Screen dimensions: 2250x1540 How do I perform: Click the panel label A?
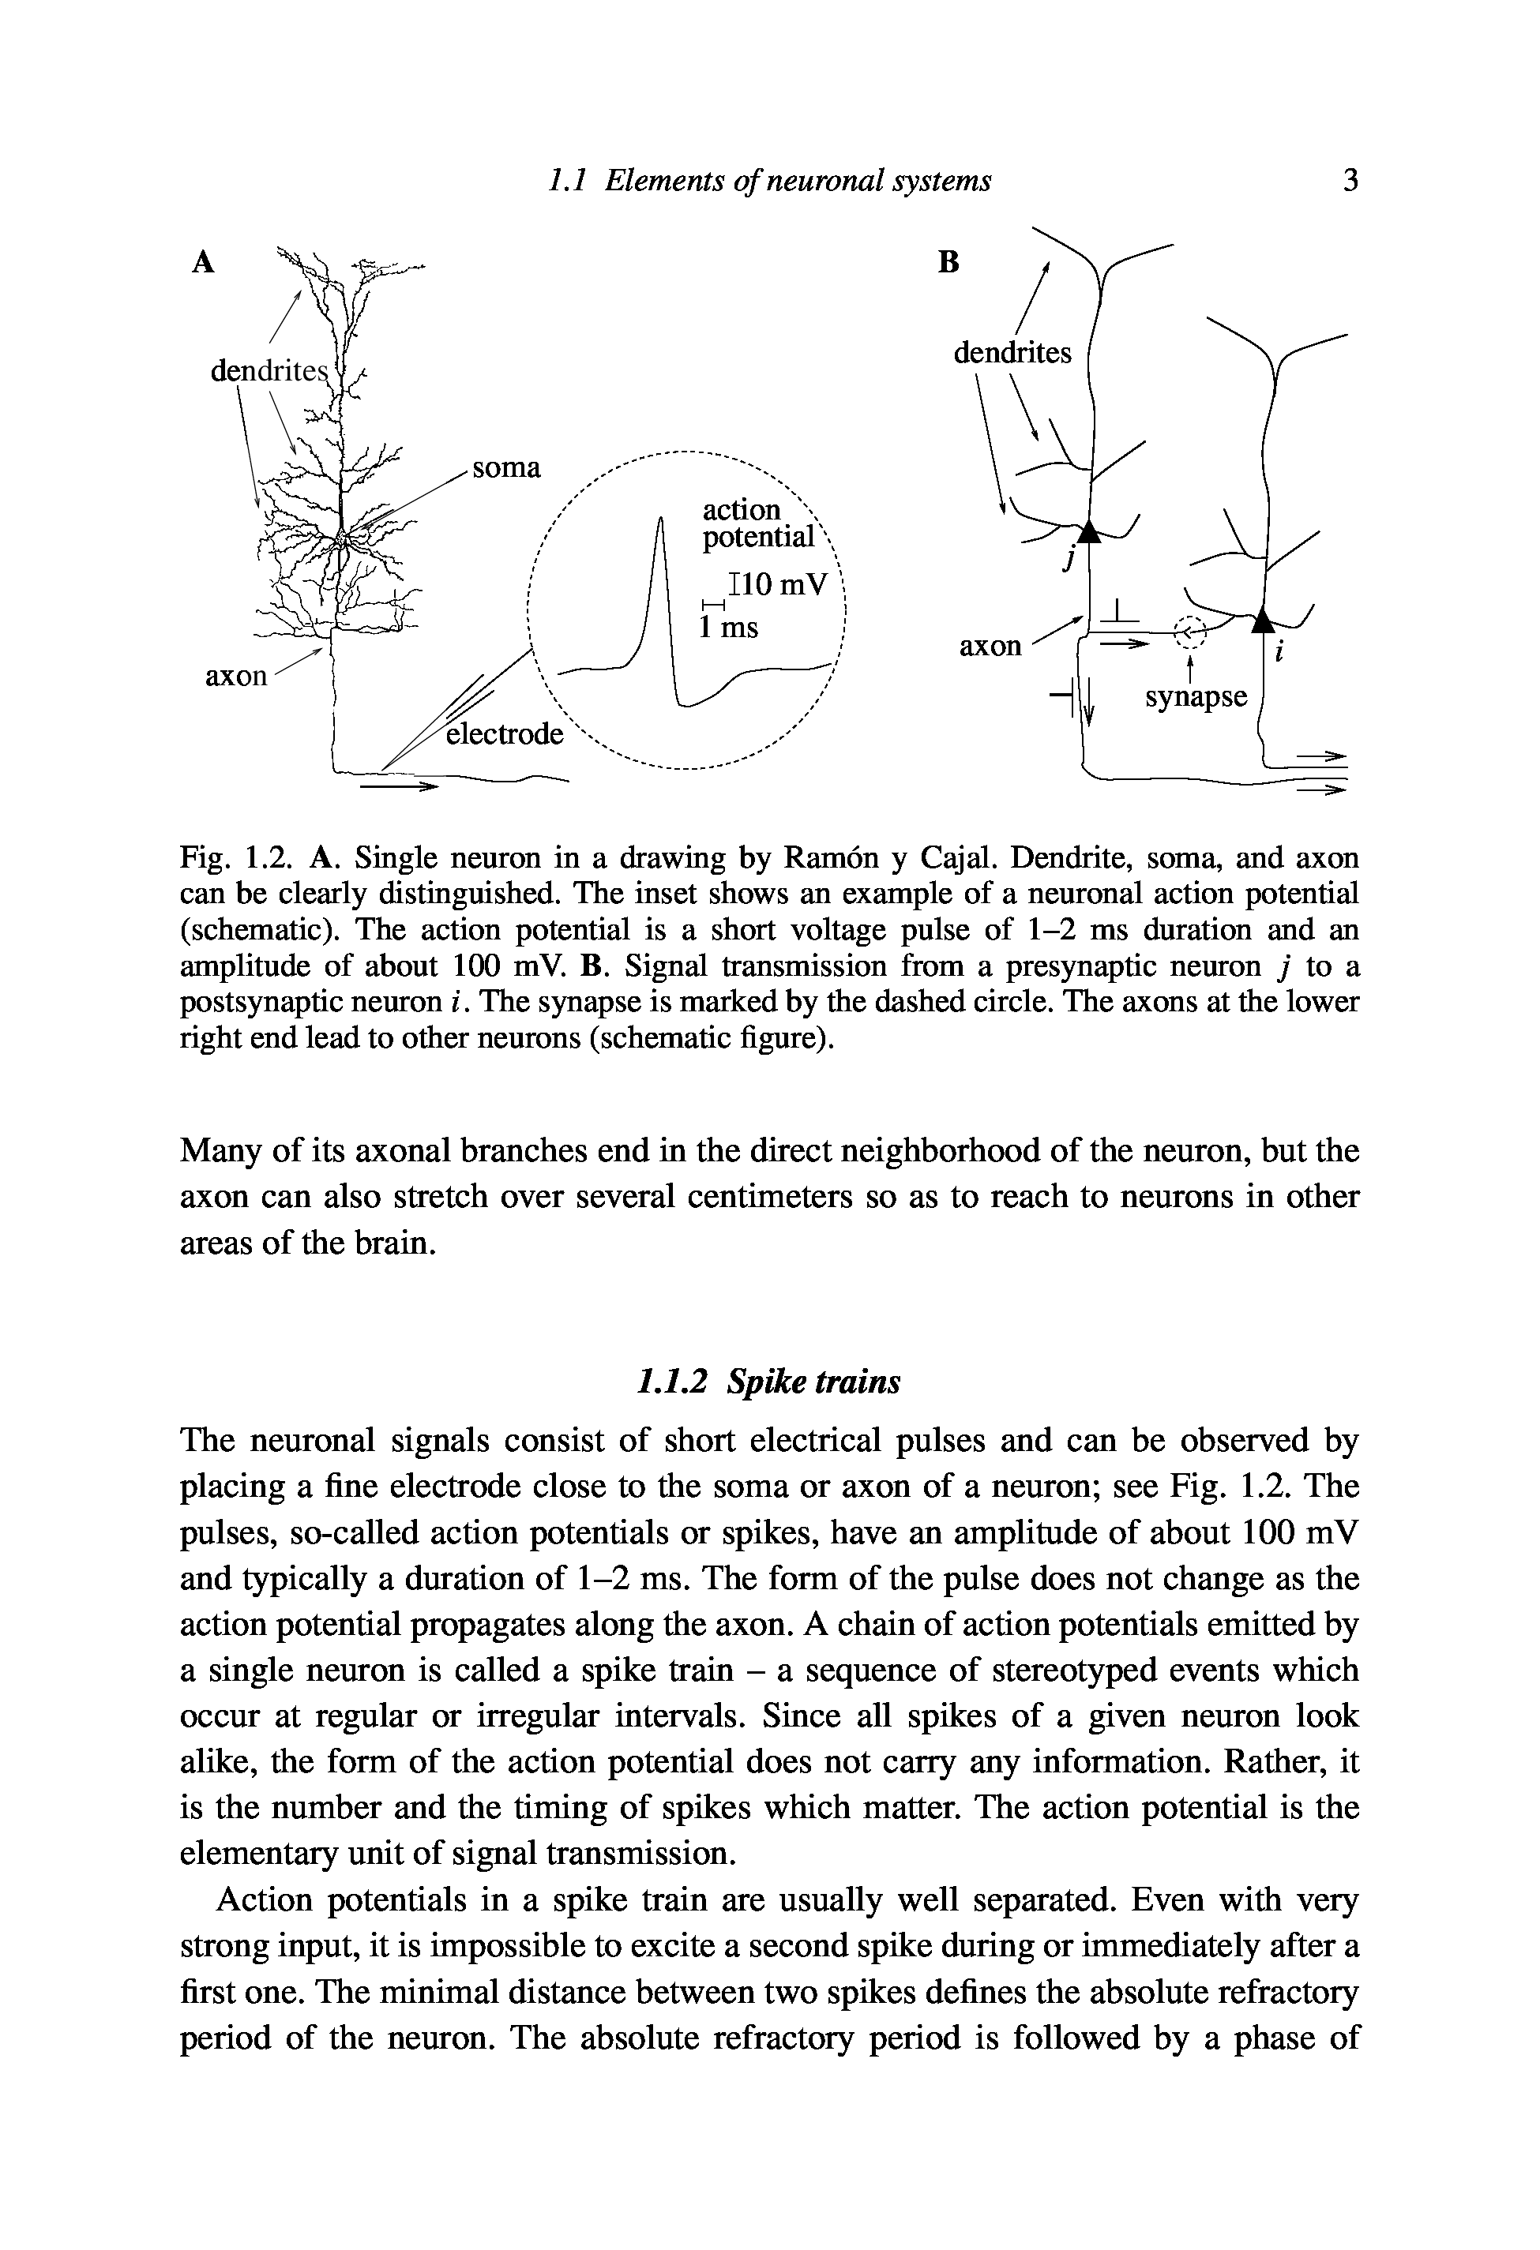[201, 262]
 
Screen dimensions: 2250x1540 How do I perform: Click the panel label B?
[949, 262]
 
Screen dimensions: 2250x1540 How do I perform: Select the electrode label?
[504, 734]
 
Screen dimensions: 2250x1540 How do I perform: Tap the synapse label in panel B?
[1196, 697]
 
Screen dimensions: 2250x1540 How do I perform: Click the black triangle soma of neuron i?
[1262, 620]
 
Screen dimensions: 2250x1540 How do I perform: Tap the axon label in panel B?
[990, 646]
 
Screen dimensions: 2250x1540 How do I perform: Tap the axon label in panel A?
[235, 675]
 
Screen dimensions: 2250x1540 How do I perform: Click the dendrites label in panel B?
[1012, 354]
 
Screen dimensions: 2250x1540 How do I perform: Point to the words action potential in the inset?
[757, 523]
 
